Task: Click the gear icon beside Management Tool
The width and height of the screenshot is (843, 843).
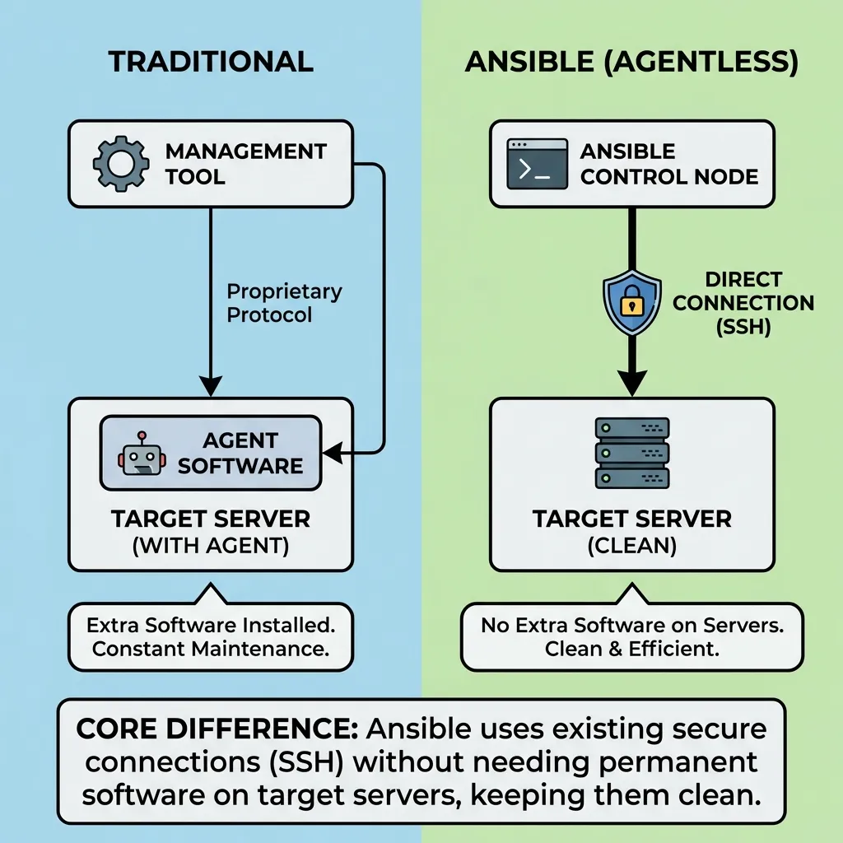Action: (x=121, y=164)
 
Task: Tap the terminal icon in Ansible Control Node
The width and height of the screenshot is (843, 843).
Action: (x=537, y=164)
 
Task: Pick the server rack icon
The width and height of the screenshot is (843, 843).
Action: (x=631, y=453)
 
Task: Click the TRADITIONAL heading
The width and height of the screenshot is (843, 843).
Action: (x=211, y=63)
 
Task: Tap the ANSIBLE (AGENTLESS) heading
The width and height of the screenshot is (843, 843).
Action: (x=631, y=63)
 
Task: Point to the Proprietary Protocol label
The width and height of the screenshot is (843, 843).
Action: (x=284, y=303)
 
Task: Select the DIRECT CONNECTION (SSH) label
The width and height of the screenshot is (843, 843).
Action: (x=743, y=303)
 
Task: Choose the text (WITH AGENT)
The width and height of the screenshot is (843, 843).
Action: (x=211, y=546)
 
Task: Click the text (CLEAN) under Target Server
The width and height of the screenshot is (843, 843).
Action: (x=631, y=546)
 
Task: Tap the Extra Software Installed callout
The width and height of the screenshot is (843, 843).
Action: (x=211, y=636)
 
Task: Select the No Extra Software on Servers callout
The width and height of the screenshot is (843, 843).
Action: (x=631, y=636)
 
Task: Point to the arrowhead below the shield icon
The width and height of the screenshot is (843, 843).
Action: (x=631, y=383)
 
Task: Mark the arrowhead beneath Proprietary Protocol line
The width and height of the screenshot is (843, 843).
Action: (x=211, y=385)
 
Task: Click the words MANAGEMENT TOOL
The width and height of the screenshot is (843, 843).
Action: (x=245, y=164)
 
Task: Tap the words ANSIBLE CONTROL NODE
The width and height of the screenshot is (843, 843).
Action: (x=668, y=164)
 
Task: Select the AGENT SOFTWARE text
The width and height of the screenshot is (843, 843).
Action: (x=240, y=453)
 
